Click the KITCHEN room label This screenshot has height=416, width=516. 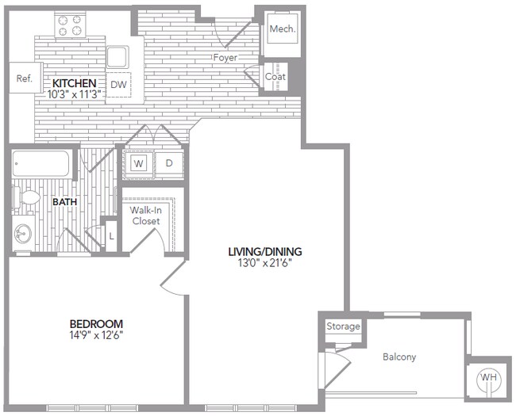pos(75,83)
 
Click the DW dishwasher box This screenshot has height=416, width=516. pos(118,84)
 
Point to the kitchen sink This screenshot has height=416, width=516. pos(117,57)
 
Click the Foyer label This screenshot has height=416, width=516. pos(225,58)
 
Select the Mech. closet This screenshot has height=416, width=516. pos(281,29)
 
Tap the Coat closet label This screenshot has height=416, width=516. pos(275,77)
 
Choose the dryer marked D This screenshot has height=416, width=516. pos(168,164)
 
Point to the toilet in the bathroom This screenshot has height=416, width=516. pos(28,198)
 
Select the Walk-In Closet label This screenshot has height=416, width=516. pos(146,216)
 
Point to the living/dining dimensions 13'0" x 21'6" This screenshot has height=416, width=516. pos(265,263)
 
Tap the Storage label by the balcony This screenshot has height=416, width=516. pos(343,326)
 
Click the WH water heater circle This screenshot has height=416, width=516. pos(487,378)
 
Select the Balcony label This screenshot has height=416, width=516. pos(399,357)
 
